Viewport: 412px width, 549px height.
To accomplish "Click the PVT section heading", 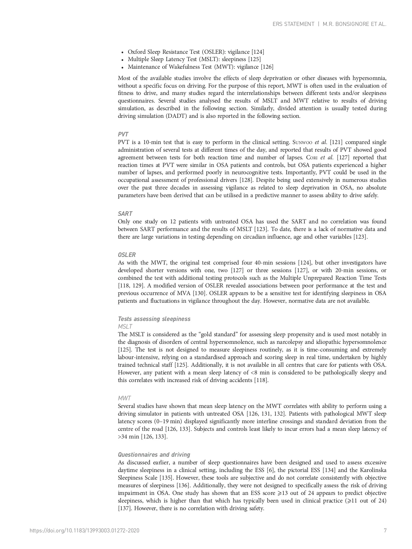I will tap(123, 134).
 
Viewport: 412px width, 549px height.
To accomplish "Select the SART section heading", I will tap(125, 214).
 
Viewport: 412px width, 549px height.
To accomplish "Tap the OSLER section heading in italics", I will tap(126, 255).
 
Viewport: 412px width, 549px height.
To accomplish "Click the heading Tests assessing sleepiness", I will tap(154, 319).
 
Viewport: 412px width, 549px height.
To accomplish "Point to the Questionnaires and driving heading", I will tap(154, 455).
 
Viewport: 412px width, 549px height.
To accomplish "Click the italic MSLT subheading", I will tap(125, 327).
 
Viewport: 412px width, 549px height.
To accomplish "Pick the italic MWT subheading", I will tap(124, 398).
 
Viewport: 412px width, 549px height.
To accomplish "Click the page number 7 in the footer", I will tap(385, 530).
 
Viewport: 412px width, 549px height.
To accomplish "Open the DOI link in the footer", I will tap(84, 530).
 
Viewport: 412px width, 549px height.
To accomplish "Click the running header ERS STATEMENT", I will tap(293, 24).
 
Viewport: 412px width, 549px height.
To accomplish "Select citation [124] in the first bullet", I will tap(258, 52).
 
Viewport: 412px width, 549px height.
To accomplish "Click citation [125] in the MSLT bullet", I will tap(254, 59).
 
